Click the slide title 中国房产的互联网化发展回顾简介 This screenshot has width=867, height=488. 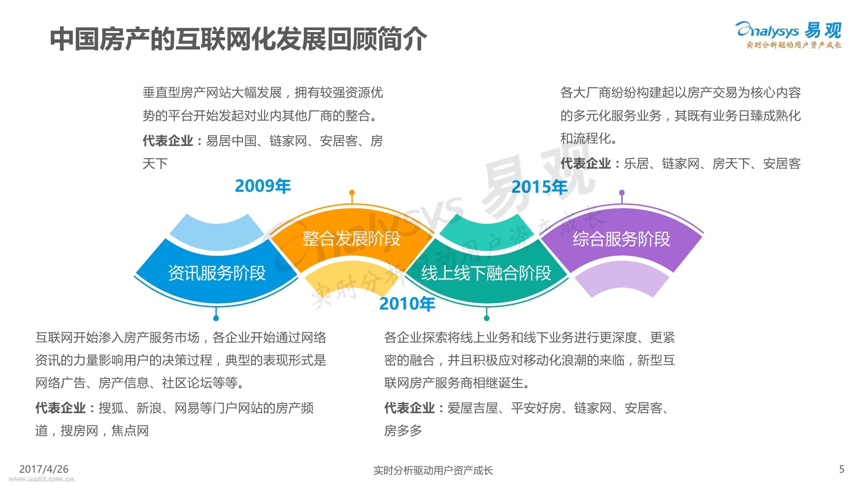pyautogui.click(x=238, y=38)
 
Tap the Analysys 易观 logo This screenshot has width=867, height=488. pyautogui.click(x=789, y=35)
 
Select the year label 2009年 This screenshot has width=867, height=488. pyautogui.click(x=263, y=186)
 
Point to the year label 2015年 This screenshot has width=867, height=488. pyautogui.click(x=539, y=187)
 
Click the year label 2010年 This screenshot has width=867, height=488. pyautogui.click(x=407, y=304)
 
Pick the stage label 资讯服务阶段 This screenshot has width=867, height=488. pyautogui.click(x=217, y=273)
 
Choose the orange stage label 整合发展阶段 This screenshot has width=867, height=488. pyautogui.click(x=351, y=239)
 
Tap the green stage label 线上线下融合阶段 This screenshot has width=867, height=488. pyautogui.click(x=486, y=273)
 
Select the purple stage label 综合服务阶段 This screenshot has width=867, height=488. pyautogui.click(x=621, y=239)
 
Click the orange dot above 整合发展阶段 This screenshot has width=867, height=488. pyautogui.click(x=352, y=193)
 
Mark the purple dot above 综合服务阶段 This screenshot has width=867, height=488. pyautogui.click(x=622, y=193)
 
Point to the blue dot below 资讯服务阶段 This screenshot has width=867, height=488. pyautogui.click(x=216, y=318)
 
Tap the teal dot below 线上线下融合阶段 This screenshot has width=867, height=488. pyautogui.click(x=487, y=318)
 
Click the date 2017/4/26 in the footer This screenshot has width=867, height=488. pyautogui.click(x=44, y=469)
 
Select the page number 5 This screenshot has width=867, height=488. pyautogui.click(x=841, y=469)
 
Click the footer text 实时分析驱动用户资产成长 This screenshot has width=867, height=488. pyautogui.click(x=433, y=470)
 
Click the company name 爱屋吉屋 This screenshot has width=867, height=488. pyautogui.click(x=472, y=408)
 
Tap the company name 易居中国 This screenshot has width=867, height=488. pyautogui.click(x=231, y=141)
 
